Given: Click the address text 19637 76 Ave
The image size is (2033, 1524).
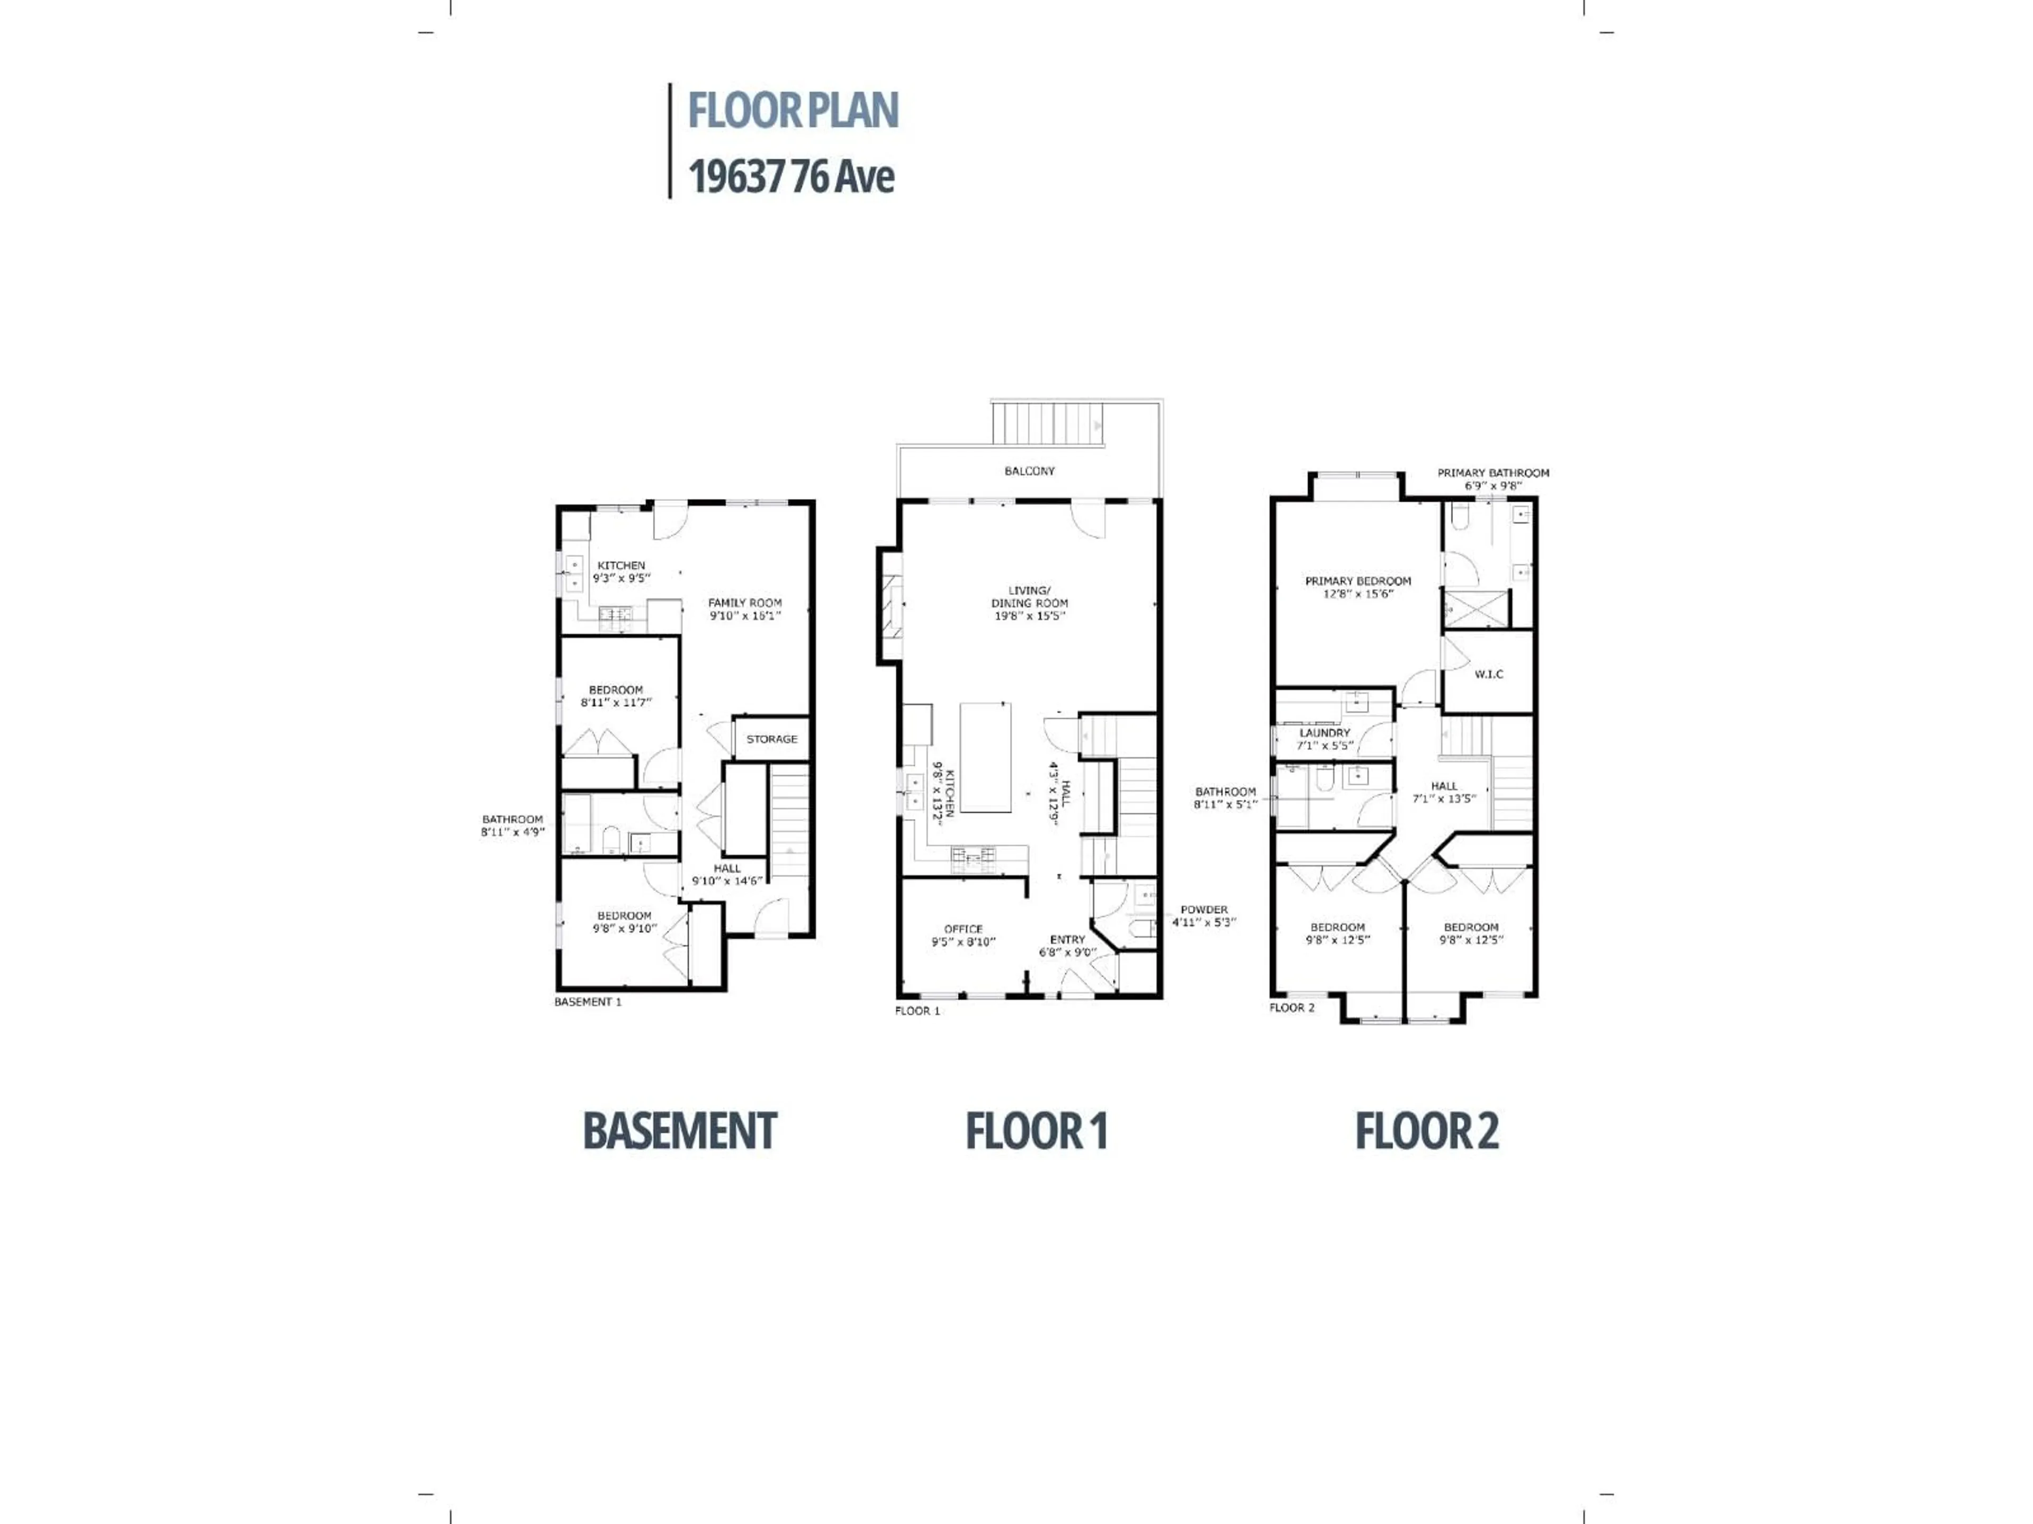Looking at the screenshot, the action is pyautogui.click(x=791, y=176).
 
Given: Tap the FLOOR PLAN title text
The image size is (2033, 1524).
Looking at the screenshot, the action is pyautogui.click(x=793, y=110).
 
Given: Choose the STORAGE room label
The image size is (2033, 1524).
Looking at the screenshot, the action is pyautogui.click(x=772, y=739).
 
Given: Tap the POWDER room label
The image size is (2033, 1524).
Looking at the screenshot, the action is pyautogui.click(x=1204, y=910).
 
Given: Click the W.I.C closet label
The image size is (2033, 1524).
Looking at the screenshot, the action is pyautogui.click(x=1489, y=674).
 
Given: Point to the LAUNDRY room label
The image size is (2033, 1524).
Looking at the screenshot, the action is pyautogui.click(x=1325, y=733).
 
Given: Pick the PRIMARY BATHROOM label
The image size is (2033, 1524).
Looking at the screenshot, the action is pyautogui.click(x=1494, y=473).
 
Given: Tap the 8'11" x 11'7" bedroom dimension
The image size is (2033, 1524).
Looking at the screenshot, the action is pyautogui.click(x=616, y=703).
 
